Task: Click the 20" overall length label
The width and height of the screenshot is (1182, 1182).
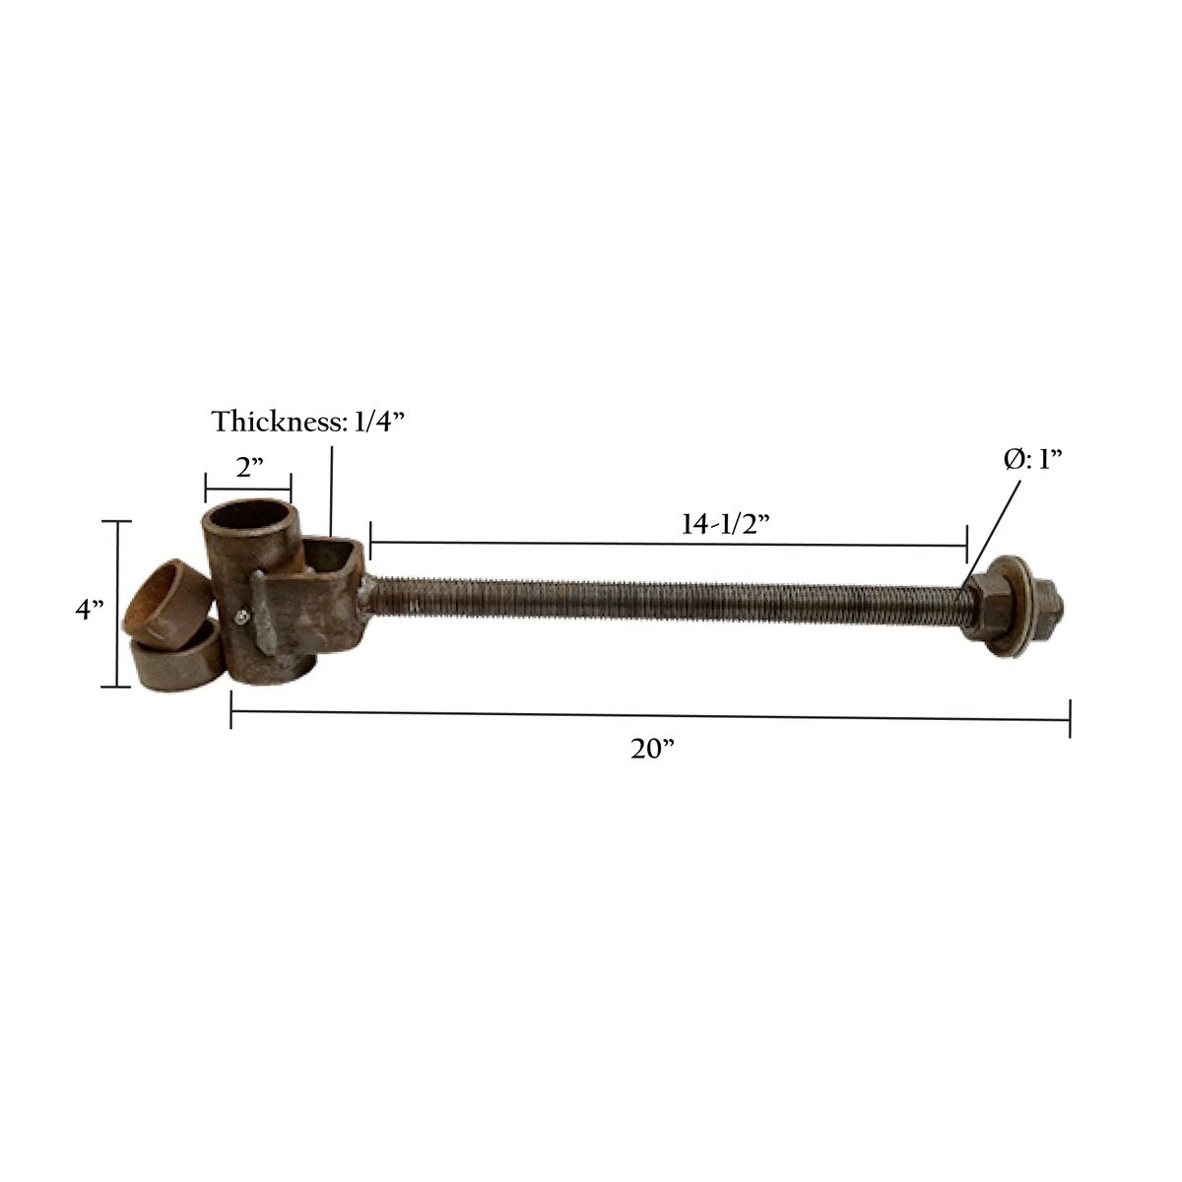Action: pos(653,749)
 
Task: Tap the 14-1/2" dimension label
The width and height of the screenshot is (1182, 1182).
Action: pos(725,524)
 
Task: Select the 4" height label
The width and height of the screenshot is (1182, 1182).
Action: pos(90,609)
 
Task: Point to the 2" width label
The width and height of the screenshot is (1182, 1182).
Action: pos(249,468)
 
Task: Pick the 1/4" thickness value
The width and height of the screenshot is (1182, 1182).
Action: pos(379,422)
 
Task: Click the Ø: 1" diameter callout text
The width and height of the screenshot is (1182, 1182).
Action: pos(1033,459)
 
